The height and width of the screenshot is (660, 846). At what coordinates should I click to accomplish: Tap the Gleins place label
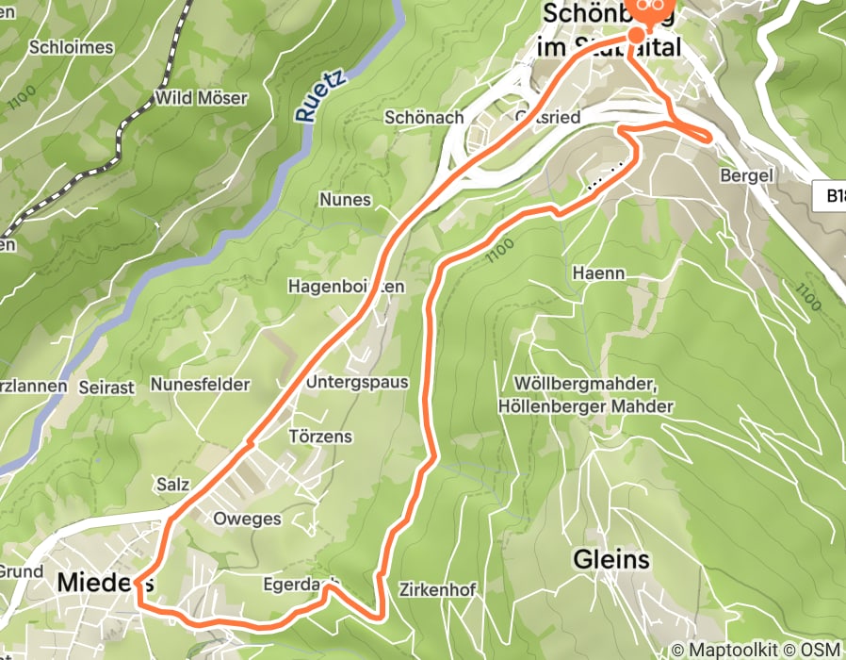pyautogui.click(x=611, y=560)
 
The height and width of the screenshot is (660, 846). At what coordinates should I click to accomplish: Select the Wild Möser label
pyautogui.click(x=201, y=98)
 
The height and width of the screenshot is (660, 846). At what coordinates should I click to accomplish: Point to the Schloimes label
pyautogui.click(x=71, y=47)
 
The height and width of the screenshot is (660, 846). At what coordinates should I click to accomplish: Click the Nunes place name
pyautogui.click(x=345, y=200)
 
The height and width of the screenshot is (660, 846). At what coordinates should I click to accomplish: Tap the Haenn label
pyautogui.click(x=598, y=273)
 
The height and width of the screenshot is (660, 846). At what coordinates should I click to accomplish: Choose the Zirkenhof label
pyautogui.click(x=437, y=590)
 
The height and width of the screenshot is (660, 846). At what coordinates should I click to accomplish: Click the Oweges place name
pyautogui.click(x=248, y=520)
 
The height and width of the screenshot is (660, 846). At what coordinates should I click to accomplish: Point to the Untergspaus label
pyautogui.click(x=357, y=383)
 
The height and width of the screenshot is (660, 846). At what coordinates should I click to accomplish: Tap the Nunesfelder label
pyautogui.click(x=200, y=385)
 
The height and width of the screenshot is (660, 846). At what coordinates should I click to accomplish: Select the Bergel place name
pyautogui.click(x=746, y=176)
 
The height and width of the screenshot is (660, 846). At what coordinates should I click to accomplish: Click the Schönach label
pyautogui.click(x=423, y=117)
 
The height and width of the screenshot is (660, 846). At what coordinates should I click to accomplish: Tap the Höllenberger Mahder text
pyautogui.click(x=594, y=406)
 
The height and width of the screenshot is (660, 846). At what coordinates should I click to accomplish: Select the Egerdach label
pyautogui.click(x=298, y=585)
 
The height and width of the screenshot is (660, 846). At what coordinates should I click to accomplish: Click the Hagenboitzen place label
pyautogui.click(x=347, y=285)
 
